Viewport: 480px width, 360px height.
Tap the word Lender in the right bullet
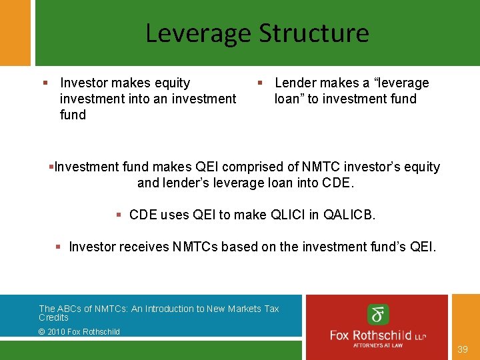click(294, 83)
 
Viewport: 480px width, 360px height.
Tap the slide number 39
click(463, 349)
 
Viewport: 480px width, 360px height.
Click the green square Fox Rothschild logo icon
click(378, 315)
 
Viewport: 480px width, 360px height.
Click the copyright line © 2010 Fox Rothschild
click(79, 331)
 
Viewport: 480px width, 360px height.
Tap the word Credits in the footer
click(53, 317)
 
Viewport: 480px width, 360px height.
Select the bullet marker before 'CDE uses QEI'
click(118, 215)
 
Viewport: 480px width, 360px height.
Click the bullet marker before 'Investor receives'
click(58, 247)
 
